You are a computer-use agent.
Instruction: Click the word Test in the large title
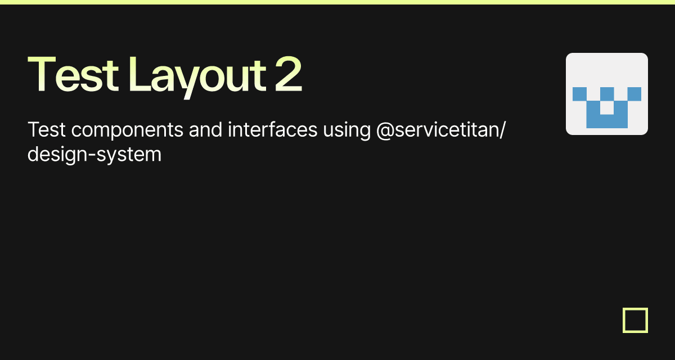73,74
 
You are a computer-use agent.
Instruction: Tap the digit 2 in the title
289,74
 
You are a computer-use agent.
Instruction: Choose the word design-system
94,154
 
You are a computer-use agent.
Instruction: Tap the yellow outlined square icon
635,320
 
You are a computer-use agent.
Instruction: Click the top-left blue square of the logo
579,94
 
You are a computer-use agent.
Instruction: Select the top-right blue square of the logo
634,94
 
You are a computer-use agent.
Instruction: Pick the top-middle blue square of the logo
607,94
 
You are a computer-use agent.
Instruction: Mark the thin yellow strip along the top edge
337,2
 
